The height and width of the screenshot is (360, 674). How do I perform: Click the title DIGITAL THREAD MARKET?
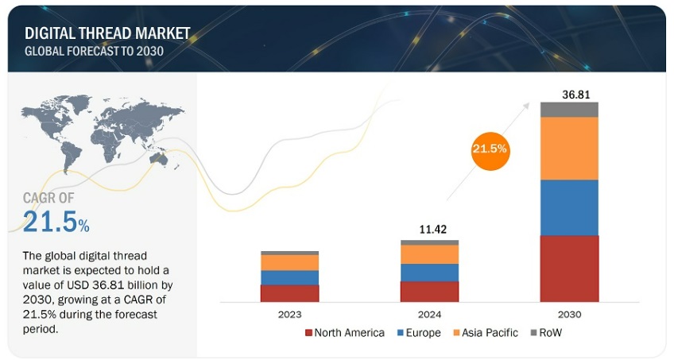108,33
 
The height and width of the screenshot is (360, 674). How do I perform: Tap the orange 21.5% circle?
490,149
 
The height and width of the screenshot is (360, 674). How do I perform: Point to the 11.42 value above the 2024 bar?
430,230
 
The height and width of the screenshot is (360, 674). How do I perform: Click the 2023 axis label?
289,314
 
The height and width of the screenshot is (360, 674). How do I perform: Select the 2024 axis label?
429,314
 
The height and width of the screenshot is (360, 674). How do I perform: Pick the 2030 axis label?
570,314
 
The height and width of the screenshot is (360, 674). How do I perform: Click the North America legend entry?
343,333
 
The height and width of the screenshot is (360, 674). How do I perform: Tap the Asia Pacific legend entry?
482,333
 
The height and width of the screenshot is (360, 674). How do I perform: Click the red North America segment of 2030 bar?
569,269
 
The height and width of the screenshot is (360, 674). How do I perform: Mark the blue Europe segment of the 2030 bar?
569,207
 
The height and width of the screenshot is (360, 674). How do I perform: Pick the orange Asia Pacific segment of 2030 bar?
569,149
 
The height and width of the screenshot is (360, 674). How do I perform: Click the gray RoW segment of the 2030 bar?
569,110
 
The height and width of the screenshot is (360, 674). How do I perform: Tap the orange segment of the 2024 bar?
429,254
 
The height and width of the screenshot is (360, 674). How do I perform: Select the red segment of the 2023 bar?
289,293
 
